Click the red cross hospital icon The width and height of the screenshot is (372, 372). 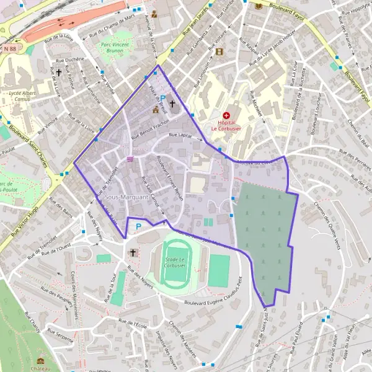(x=226, y=115)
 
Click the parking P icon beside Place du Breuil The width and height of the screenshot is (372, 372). (x=163, y=98)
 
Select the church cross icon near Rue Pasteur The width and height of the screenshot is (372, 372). (x=59, y=73)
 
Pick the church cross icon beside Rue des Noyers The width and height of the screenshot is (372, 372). (x=132, y=252)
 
